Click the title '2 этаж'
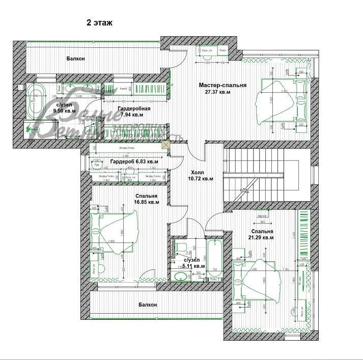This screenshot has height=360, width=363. click(x=100, y=23)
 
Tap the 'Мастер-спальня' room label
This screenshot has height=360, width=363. click(x=222, y=86)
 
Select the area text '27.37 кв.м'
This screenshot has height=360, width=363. click(x=218, y=93)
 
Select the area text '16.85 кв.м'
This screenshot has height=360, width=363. click(x=147, y=202)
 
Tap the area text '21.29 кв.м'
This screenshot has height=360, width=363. click(x=261, y=237)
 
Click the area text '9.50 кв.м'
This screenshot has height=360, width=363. click(x=66, y=110)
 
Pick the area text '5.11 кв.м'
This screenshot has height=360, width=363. click(x=194, y=266)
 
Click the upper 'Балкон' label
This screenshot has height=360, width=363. click(x=75, y=59)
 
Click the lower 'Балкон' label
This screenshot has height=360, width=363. click(x=147, y=304)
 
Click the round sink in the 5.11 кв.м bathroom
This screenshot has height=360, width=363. click(x=179, y=277)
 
